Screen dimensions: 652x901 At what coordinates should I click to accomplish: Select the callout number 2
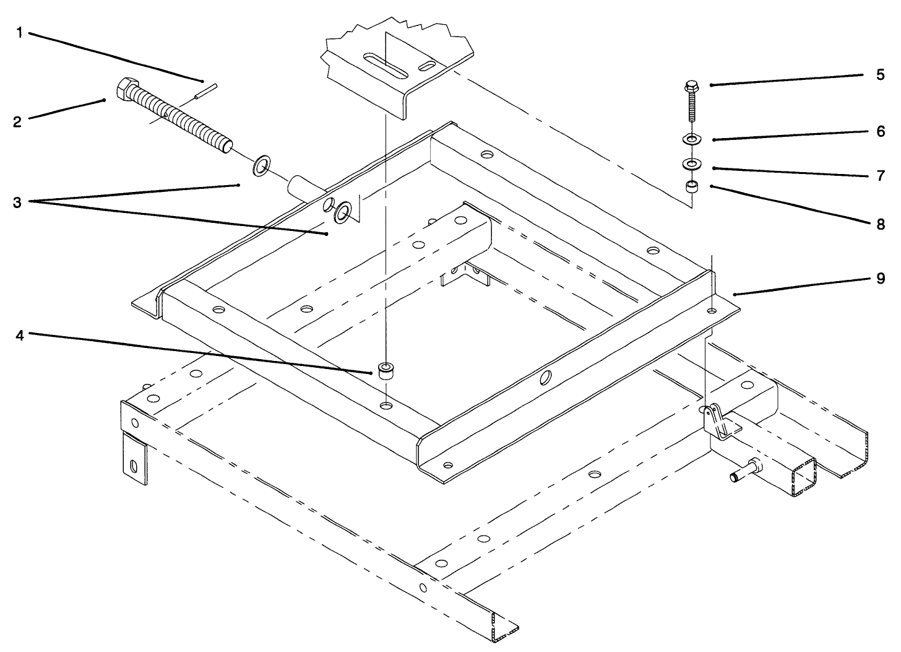tap(17, 122)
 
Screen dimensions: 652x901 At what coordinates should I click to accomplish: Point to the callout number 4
tap(19, 336)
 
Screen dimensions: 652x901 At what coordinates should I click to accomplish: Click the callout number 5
tap(880, 75)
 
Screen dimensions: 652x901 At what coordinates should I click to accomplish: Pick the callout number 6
tap(880, 132)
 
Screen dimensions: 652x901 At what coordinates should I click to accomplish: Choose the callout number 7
tap(880, 176)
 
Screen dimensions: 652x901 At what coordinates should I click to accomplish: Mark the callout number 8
tap(880, 224)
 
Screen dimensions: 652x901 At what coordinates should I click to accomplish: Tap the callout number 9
tap(880, 279)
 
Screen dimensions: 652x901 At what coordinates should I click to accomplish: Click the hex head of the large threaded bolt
tap(126, 90)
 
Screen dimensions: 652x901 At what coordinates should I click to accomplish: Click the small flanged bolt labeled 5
tap(691, 102)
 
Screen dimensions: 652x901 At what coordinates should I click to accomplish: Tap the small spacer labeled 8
tap(691, 186)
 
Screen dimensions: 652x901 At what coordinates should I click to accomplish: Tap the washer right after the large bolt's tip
tap(262, 166)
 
